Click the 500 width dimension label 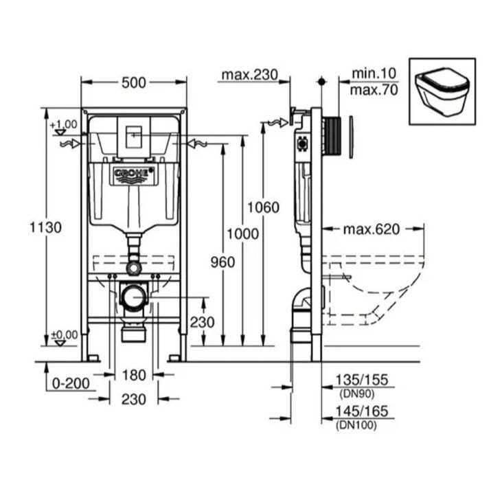[133, 83]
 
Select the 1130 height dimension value [45, 228]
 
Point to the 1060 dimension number [263, 207]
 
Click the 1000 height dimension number [242, 234]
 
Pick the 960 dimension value [223, 262]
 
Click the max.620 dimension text [372, 229]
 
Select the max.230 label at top [250, 75]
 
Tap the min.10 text [374, 73]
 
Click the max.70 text [374, 90]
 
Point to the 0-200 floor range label [71, 383]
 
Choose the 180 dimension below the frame [134, 375]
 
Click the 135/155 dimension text [361, 380]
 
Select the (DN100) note [356, 425]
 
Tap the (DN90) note [356, 394]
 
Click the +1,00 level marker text [63, 124]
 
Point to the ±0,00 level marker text [65, 335]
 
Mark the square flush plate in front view [134, 138]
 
